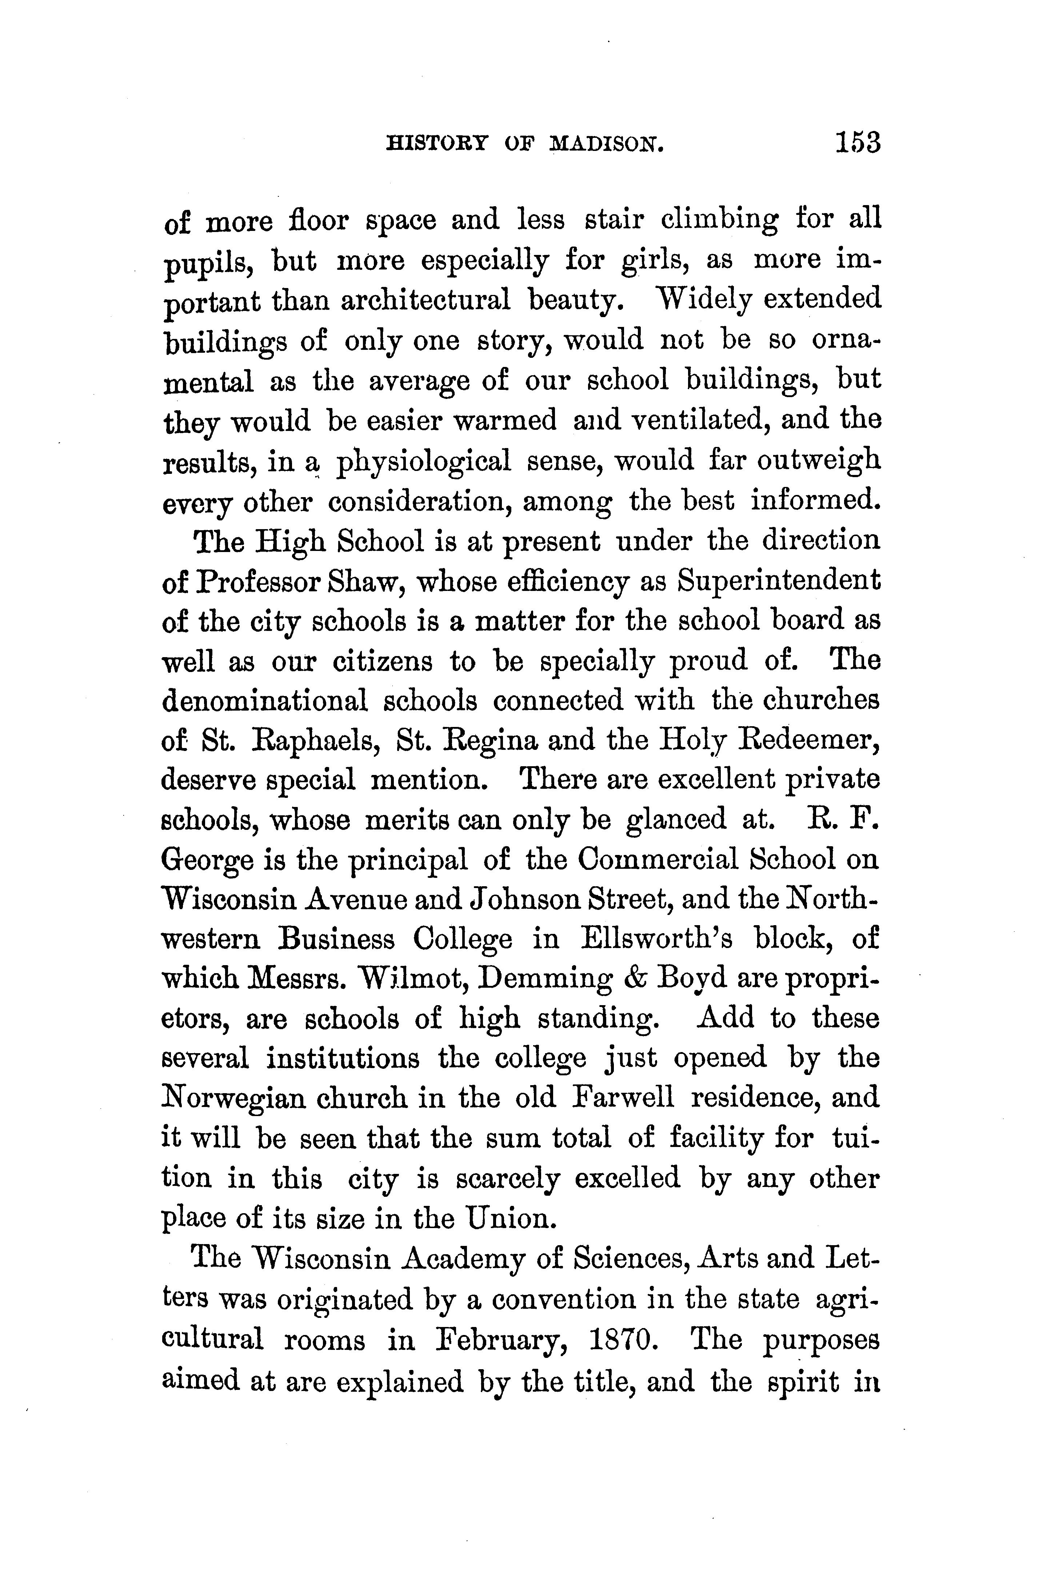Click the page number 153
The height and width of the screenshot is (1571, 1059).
(858, 143)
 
